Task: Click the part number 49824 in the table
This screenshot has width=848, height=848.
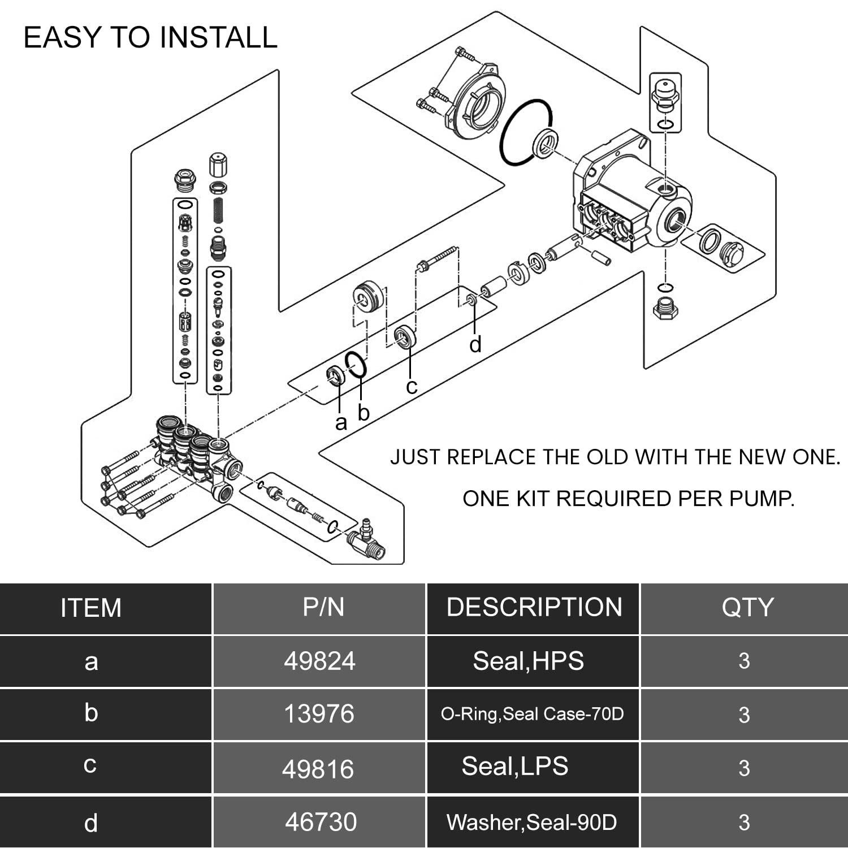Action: click(x=319, y=661)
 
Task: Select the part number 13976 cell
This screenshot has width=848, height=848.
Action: click(x=319, y=714)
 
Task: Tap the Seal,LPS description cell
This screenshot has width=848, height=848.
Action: click(x=515, y=767)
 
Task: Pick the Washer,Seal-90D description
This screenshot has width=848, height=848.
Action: click(x=531, y=822)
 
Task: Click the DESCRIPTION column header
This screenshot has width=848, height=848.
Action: click(x=534, y=607)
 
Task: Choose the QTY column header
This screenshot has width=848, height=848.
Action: click(x=747, y=607)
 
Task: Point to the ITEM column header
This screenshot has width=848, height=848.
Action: click(x=91, y=608)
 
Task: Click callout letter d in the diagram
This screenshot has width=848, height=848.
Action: click(x=475, y=344)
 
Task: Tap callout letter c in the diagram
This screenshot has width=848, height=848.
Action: click(x=412, y=387)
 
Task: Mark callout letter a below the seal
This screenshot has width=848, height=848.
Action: click(x=340, y=423)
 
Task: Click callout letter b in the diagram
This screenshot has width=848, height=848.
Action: click(x=364, y=413)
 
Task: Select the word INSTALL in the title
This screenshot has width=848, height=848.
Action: click(x=218, y=37)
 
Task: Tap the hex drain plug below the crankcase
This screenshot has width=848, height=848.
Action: click(x=665, y=309)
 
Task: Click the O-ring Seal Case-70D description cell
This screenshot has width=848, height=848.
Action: click(x=532, y=714)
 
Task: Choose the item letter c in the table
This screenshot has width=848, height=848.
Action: click(x=90, y=765)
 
